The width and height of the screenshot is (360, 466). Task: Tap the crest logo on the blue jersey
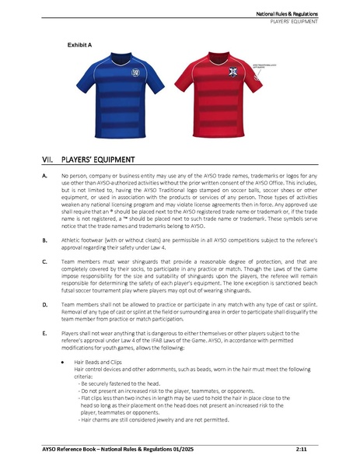[x=136, y=74]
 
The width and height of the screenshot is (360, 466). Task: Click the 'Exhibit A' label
[x=79, y=46]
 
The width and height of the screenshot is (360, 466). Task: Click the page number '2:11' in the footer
[x=301, y=450]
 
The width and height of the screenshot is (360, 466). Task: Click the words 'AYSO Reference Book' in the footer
[x=72, y=450]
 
